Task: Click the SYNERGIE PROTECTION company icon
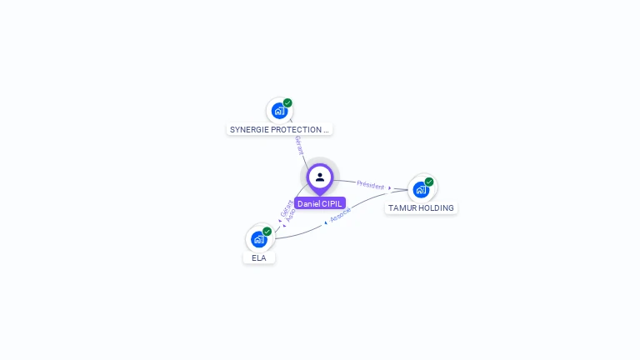pyautogui.click(x=279, y=110)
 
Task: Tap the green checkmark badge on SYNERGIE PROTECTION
pyautogui.click(x=287, y=102)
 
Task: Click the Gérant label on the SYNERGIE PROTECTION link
pyautogui.click(x=298, y=144)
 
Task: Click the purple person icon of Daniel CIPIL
pyautogui.click(x=320, y=177)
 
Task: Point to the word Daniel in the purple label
pyautogui.click(x=308, y=203)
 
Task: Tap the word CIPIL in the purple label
pyautogui.click(x=331, y=203)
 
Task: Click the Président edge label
pyautogui.click(x=371, y=184)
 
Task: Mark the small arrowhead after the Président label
pyautogui.click(x=390, y=187)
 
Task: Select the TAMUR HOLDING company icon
pyautogui.click(x=421, y=189)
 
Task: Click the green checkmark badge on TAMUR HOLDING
pyautogui.click(x=429, y=182)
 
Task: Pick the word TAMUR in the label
pyautogui.click(x=402, y=207)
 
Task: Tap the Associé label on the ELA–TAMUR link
pyautogui.click(x=340, y=215)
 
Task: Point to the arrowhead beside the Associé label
pyautogui.click(x=326, y=222)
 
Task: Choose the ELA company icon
pyautogui.click(x=258, y=239)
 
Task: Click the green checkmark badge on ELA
pyautogui.click(x=267, y=232)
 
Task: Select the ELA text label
pyautogui.click(x=259, y=257)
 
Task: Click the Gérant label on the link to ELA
pyautogui.click(x=286, y=208)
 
